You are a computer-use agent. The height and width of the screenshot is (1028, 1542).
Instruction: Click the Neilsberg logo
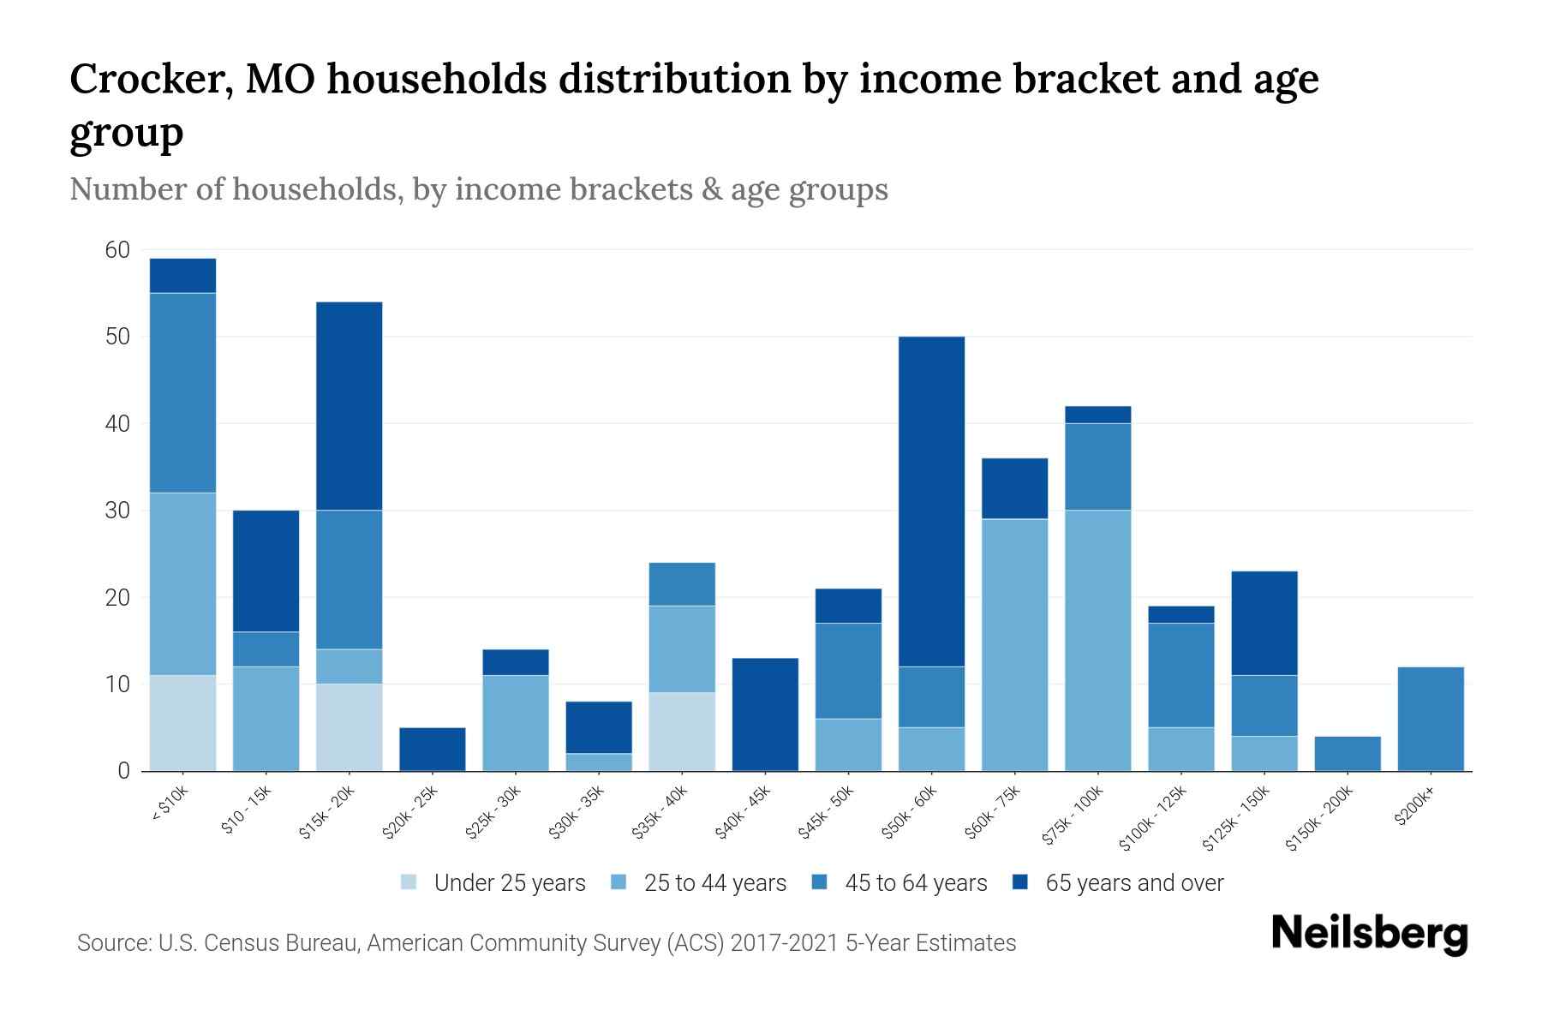[1369, 934]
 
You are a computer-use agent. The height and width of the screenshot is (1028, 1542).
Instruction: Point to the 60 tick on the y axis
[117, 250]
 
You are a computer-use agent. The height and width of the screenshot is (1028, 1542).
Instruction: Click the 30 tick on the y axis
[117, 511]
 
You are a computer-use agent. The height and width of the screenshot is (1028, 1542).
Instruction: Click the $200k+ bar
[1430, 719]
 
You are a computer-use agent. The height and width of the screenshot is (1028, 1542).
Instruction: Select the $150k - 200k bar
[1347, 754]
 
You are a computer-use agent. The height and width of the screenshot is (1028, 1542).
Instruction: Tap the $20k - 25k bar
[433, 750]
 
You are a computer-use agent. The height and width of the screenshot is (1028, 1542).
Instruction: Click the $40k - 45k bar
[765, 714]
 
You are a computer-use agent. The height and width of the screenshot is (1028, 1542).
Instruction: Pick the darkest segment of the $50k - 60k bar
[931, 501]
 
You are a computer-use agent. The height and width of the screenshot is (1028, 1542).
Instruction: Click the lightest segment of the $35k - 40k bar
[682, 732]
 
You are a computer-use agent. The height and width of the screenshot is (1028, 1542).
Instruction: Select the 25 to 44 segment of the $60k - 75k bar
[1014, 644]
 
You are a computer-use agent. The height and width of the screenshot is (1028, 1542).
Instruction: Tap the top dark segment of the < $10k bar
[182, 276]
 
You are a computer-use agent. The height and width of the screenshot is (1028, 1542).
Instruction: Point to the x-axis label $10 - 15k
[247, 810]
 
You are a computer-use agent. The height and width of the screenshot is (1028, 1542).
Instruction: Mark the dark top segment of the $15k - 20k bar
[349, 406]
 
